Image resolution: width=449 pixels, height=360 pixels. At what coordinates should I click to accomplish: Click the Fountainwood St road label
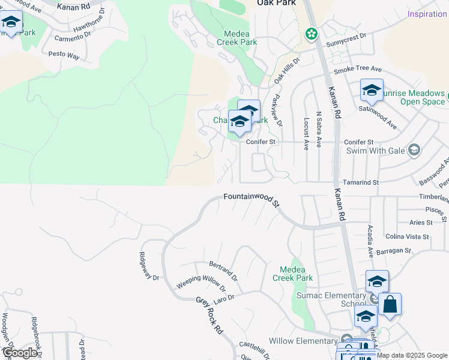[252, 199]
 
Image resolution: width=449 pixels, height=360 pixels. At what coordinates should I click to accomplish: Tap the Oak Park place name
[276, 3]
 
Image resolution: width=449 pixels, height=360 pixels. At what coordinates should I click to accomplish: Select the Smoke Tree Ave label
[358, 70]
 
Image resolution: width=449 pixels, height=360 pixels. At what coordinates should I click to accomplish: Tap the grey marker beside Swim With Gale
[413, 149]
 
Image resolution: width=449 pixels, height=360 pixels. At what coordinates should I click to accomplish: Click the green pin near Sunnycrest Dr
[311, 34]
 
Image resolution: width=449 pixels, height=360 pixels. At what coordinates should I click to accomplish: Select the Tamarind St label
[361, 182]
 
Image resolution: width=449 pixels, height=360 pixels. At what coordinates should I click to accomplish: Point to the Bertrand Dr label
[223, 271]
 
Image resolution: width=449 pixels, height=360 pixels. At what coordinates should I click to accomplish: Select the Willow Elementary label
[303, 341]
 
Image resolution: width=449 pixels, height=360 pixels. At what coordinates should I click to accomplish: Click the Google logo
[20, 352]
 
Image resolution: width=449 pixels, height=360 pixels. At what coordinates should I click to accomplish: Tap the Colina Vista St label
[407, 236]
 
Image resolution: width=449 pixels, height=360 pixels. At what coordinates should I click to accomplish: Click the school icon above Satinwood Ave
[372, 91]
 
